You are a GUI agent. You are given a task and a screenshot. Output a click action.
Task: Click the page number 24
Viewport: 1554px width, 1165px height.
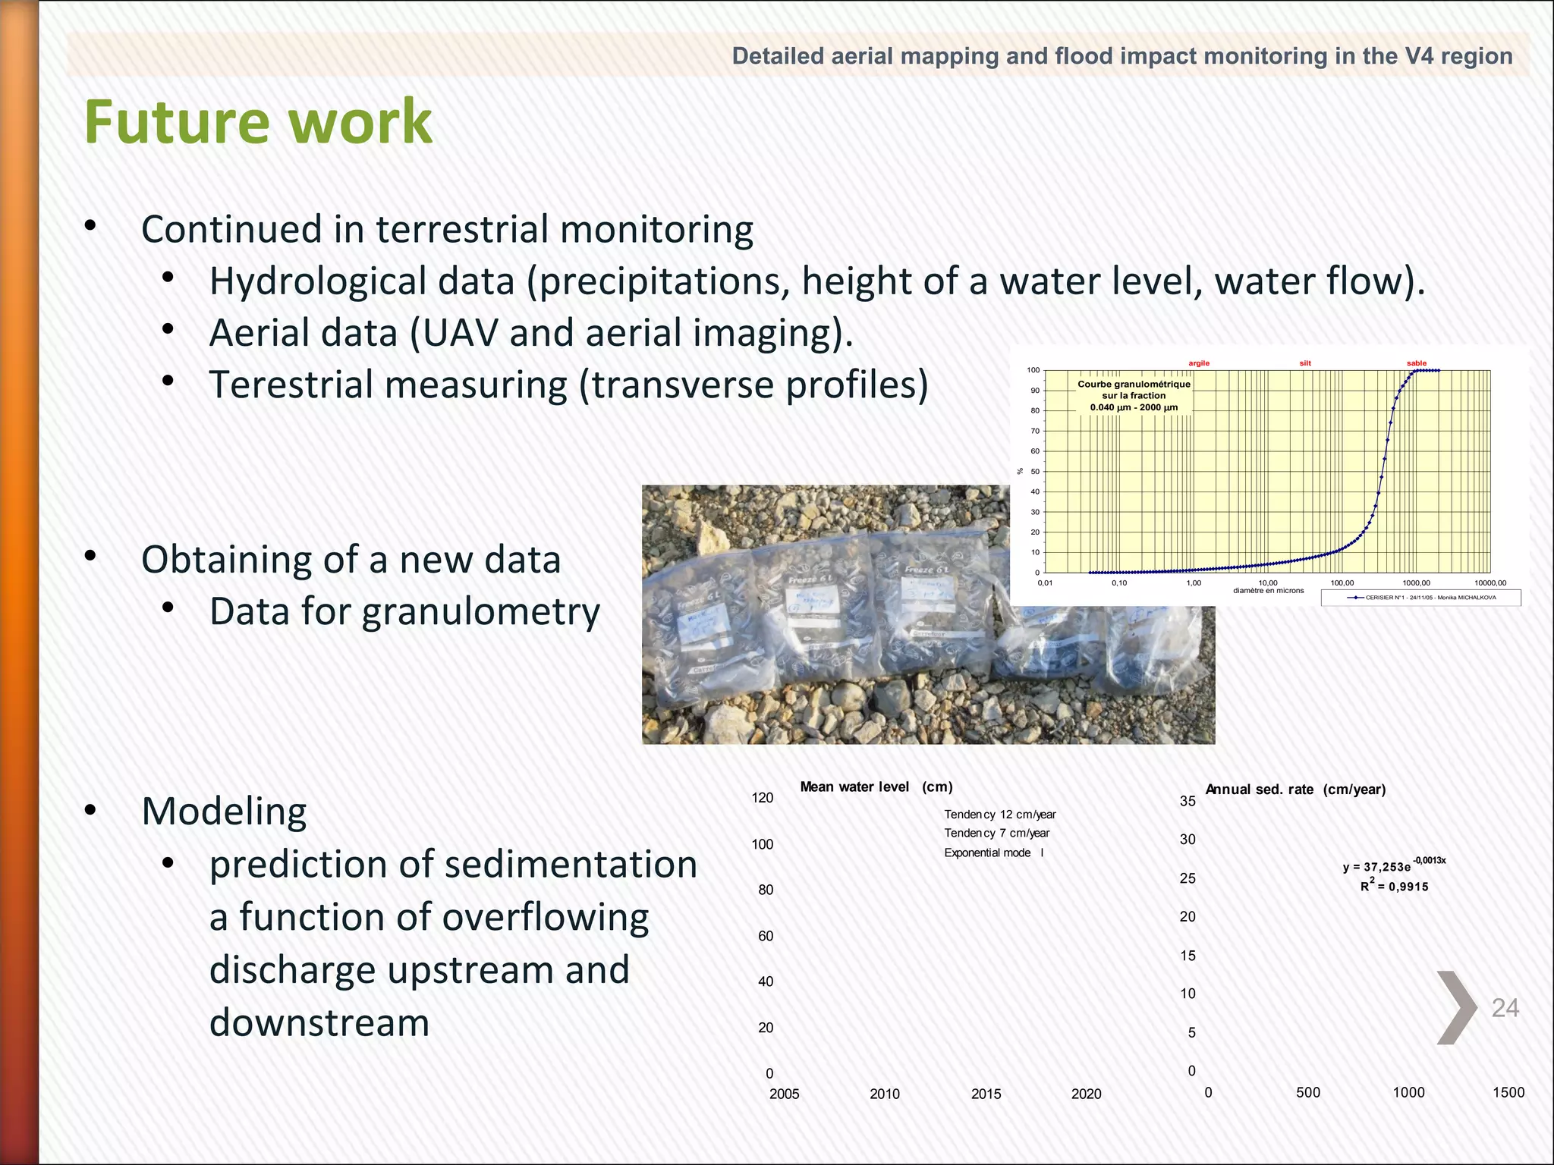click(1505, 1007)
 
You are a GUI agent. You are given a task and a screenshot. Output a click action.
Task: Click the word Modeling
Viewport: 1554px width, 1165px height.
click(224, 812)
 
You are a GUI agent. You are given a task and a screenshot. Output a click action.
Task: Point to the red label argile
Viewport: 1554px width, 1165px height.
click(1199, 363)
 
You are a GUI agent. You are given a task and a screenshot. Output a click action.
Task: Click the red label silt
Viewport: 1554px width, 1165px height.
click(1305, 363)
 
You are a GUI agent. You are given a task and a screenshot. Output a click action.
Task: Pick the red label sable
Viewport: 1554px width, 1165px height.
click(1416, 363)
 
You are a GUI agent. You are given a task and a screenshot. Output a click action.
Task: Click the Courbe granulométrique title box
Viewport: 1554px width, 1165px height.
click(1134, 395)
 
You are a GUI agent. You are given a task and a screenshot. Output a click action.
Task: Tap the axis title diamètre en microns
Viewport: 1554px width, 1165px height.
click(1268, 590)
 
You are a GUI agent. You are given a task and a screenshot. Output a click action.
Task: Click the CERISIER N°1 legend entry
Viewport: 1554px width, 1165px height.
click(1420, 598)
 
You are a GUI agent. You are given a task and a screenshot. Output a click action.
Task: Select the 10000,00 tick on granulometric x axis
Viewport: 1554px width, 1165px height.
click(1490, 583)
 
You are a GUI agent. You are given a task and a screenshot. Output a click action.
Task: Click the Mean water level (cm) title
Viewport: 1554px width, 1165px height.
click(876, 787)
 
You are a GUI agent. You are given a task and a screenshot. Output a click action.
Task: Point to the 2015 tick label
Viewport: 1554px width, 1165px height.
click(986, 1094)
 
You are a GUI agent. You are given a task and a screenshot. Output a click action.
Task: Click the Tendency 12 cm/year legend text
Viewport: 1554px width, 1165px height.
click(999, 815)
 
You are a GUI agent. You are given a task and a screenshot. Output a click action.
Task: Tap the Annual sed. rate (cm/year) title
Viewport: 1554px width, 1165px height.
click(1295, 790)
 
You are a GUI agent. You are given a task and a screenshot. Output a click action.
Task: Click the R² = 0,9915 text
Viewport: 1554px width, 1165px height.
click(1394, 886)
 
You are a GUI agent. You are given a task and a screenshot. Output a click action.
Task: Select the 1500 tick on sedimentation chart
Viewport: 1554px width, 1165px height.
click(1508, 1092)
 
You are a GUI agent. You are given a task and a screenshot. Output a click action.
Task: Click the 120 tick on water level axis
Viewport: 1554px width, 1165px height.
click(762, 797)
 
